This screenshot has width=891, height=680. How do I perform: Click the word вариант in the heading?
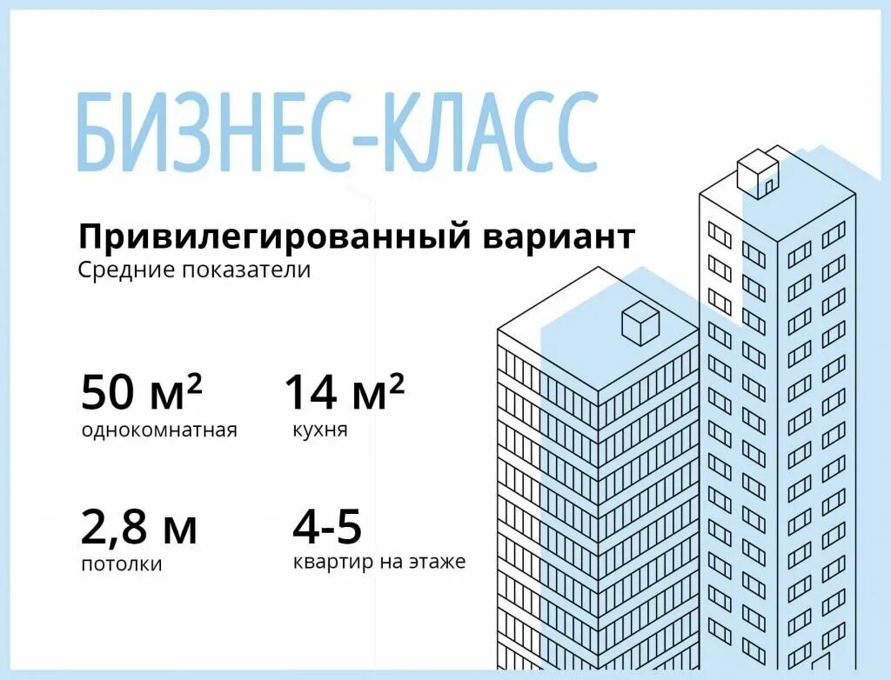coord(557,236)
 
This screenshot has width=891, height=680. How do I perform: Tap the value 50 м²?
coord(142,392)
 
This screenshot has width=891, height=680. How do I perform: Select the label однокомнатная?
coord(159,430)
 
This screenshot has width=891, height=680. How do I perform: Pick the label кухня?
coord(321,430)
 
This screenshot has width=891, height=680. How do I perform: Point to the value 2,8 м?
coord(139,527)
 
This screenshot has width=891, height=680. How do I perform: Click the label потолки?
coord(122,564)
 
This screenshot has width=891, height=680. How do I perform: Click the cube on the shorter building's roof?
coord(640,323)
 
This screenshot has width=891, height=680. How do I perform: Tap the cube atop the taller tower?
coord(756,170)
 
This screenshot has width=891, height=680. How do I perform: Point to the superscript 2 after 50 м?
coord(195,382)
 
